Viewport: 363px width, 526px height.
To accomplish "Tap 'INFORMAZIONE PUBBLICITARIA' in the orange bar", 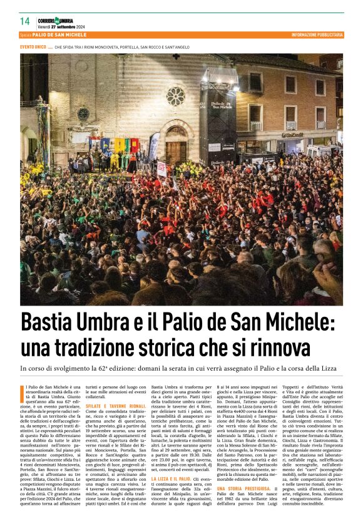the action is point(317,35).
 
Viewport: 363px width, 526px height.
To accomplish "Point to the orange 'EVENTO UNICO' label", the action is point(33,48).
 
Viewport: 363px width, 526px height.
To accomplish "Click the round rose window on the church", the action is point(175,96).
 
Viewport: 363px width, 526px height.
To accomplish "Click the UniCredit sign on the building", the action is point(292,134).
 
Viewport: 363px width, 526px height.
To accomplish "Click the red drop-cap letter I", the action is point(23,392).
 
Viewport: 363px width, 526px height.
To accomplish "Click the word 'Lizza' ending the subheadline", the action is point(327,369).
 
